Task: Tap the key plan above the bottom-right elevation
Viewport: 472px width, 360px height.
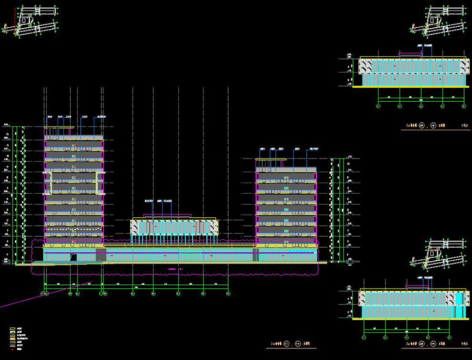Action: (x=439, y=255)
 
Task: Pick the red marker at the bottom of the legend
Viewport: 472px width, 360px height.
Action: (x=13, y=350)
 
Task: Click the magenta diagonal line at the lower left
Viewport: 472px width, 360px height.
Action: (x=31, y=298)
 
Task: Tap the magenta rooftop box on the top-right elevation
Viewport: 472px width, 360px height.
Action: (x=411, y=53)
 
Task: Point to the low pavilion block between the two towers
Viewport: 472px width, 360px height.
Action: (x=174, y=227)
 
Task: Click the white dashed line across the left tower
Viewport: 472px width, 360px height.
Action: (x=73, y=229)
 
